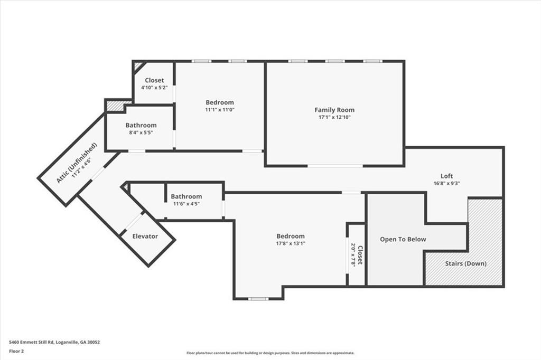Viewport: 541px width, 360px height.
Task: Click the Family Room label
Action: click(x=334, y=110)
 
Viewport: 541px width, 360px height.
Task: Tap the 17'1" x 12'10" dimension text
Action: click(x=334, y=117)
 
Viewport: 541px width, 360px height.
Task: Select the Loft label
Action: click(x=447, y=176)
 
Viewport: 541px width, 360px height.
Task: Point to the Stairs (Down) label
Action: click(x=465, y=263)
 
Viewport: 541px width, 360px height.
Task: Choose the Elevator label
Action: click(x=145, y=236)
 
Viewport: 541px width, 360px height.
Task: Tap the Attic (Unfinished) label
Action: click(x=77, y=163)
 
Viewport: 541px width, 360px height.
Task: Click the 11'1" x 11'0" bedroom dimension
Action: click(x=220, y=110)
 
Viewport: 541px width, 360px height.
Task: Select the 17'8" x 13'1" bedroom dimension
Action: click(x=291, y=243)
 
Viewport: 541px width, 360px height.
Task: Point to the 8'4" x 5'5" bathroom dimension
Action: click(x=141, y=132)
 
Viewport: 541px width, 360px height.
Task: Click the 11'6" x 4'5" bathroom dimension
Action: click(x=186, y=204)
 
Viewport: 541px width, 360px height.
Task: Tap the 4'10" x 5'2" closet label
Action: click(x=154, y=87)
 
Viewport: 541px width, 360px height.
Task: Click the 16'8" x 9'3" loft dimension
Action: click(x=447, y=184)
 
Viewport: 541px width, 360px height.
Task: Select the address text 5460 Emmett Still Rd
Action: click(x=54, y=342)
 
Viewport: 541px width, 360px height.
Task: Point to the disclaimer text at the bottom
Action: click(x=270, y=353)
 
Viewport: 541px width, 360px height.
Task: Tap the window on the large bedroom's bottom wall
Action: click(x=258, y=299)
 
